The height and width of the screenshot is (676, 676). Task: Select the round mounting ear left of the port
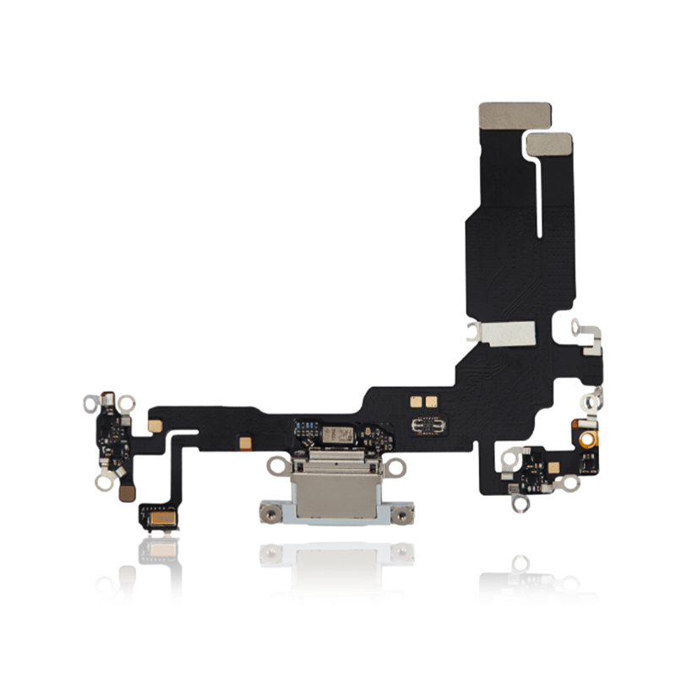tap(276, 465)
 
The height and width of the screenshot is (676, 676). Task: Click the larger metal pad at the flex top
tap(515, 117)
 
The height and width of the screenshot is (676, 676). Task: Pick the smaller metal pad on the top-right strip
tap(549, 144)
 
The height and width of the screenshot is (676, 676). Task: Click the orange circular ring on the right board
tap(584, 437)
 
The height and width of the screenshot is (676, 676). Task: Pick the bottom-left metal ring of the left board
tap(103, 482)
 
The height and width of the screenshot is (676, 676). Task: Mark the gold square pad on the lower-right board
tap(553, 467)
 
